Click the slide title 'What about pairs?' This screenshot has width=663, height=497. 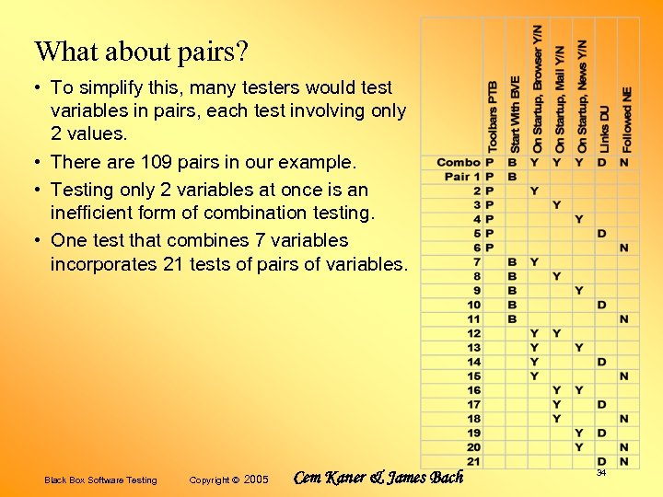click(x=141, y=52)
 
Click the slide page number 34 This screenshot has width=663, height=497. click(x=600, y=472)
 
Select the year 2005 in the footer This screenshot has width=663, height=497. click(x=256, y=480)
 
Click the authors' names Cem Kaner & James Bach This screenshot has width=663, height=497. click(x=378, y=478)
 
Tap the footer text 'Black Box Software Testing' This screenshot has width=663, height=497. click(x=100, y=480)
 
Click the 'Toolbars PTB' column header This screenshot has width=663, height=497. click(x=493, y=114)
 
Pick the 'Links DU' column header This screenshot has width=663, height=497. click(x=604, y=129)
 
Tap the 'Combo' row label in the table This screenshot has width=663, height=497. click(x=459, y=163)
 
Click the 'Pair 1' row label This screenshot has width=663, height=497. click(x=462, y=177)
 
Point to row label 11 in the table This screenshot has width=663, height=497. click(x=473, y=319)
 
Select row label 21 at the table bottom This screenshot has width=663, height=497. click(x=473, y=461)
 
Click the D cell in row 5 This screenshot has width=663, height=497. click(x=601, y=234)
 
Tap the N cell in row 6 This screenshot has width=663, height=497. click(x=623, y=248)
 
